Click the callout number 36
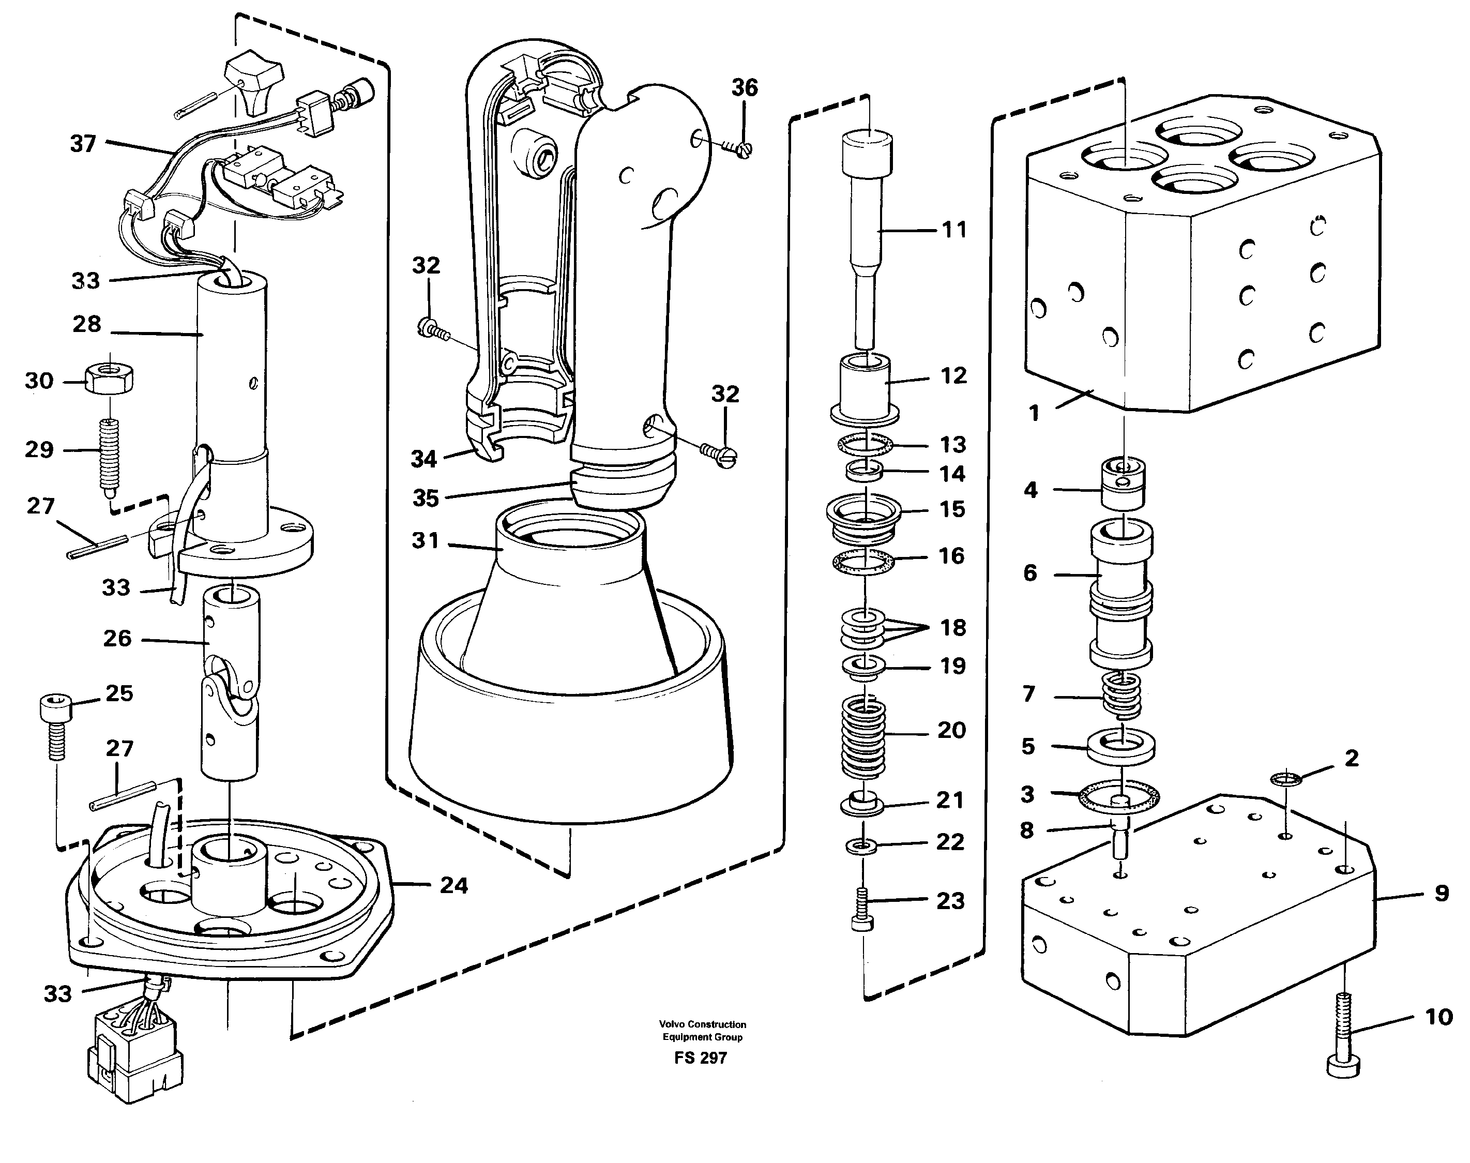(744, 88)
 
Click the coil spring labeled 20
(864, 737)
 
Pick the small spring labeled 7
(1122, 694)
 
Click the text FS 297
(701, 1058)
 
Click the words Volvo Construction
(702, 1024)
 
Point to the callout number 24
(453, 885)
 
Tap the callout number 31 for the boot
(425, 540)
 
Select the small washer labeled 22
(862, 847)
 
